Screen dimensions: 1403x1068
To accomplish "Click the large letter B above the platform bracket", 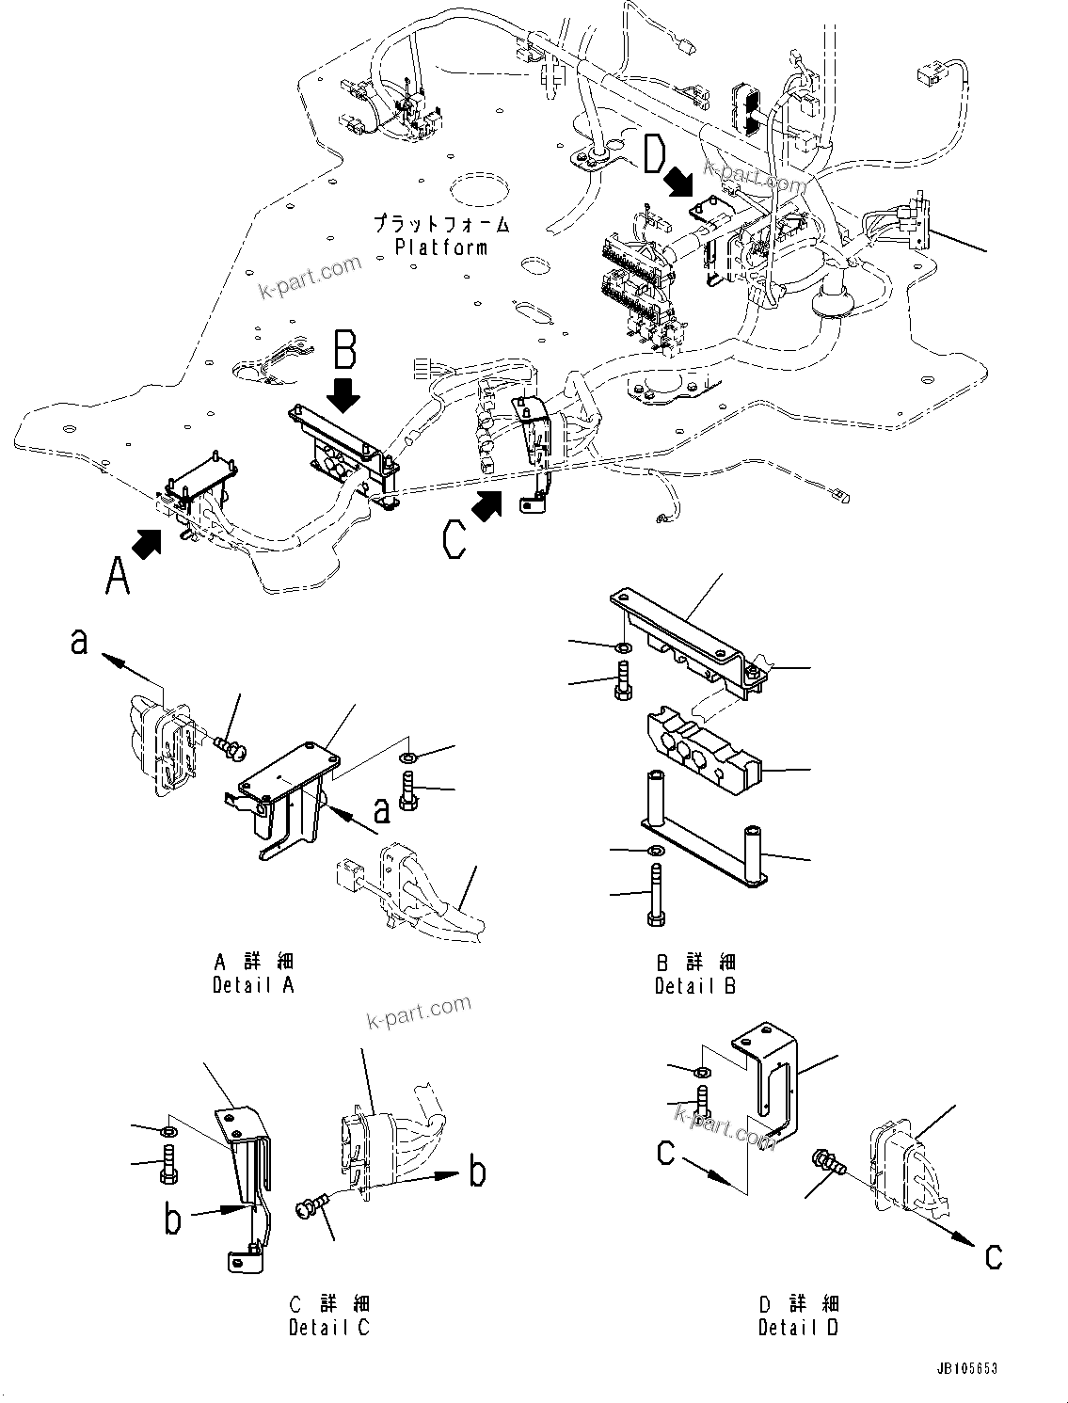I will pyautogui.click(x=345, y=350).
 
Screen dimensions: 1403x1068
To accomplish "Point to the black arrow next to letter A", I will pyautogui.click(x=148, y=543).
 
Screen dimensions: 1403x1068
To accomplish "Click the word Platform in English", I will pyautogui.click(x=441, y=247).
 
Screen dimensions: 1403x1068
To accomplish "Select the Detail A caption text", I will pyautogui.click(x=253, y=985).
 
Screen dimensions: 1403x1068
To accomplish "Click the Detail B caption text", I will pyautogui.click(x=695, y=985).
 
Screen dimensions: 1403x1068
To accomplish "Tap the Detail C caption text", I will pyautogui.click(x=329, y=1328).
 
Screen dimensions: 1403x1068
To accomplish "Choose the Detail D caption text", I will pyautogui.click(x=798, y=1328).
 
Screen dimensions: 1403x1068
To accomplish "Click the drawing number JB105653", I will pyautogui.click(x=966, y=1370).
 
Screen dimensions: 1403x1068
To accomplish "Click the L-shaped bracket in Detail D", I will pyautogui.click(x=772, y=1073).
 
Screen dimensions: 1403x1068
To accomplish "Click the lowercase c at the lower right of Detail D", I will pyautogui.click(x=993, y=1256).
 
